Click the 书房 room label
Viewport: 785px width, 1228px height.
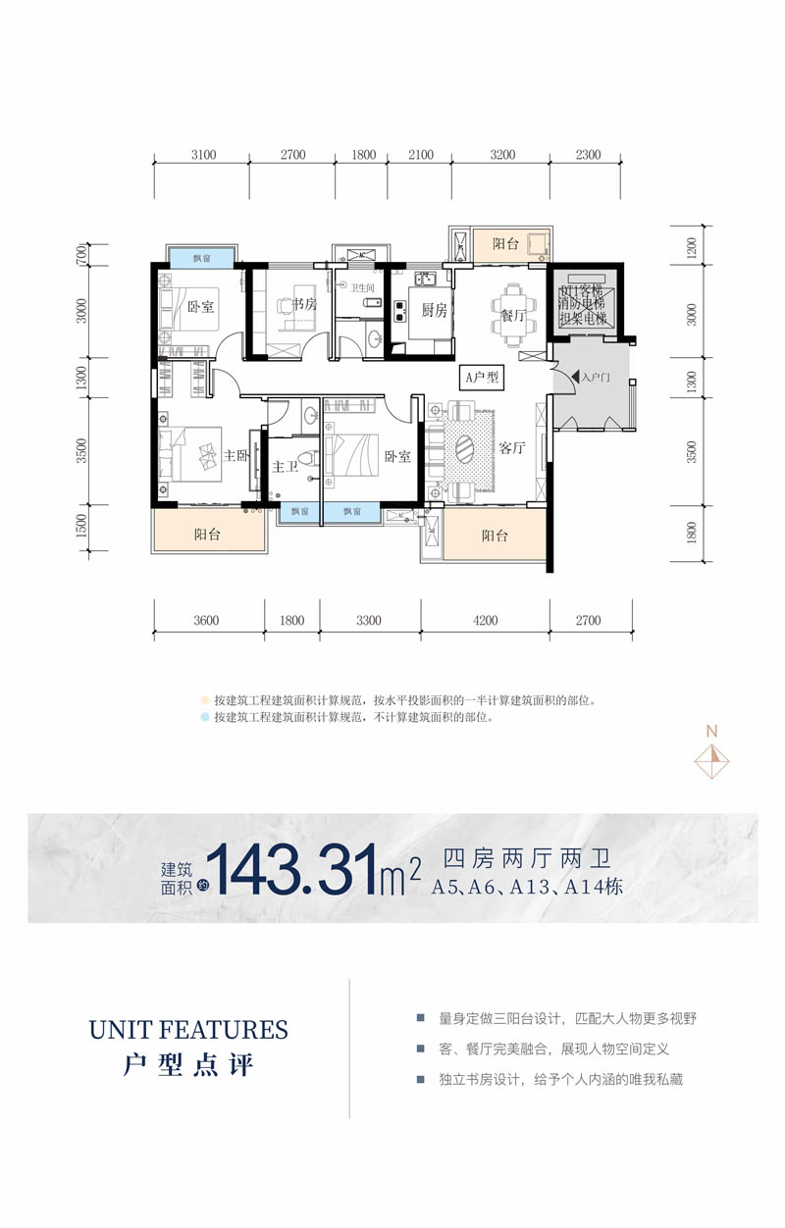(x=304, y=305)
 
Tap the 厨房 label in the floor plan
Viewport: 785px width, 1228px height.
(x=434, y=311)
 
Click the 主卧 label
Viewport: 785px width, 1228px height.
(x=236, y=455)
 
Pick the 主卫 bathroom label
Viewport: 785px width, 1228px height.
(x=285, y=468)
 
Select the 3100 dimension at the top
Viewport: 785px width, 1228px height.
(x=203, y=155)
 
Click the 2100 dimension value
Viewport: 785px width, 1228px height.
(x=420, y=155)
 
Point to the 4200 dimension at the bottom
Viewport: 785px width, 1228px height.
(x=485, y=620)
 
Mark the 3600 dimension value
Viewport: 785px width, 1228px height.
(x=205, y=620)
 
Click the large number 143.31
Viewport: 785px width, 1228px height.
(x=295, y=869)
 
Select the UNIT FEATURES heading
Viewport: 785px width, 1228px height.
(x=188, y=1030)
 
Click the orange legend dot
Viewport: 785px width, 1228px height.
(x=205, y=701)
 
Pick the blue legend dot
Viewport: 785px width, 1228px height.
(x=205, y=718)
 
